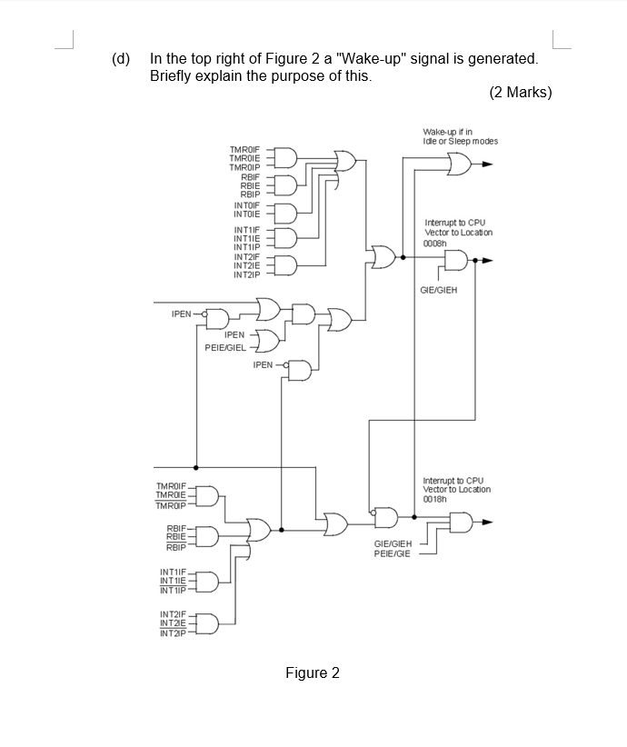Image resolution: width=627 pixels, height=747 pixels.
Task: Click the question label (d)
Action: click(121, 59)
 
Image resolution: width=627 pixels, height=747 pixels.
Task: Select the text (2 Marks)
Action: click(520, 93)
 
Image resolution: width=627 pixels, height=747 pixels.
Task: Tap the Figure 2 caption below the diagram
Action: click(312, 672)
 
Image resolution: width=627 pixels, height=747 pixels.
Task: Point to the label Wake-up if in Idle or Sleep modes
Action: click(460, 136)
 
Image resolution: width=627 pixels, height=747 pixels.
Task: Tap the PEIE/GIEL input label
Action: click(225, 347)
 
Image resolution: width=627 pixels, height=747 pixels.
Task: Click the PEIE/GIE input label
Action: click(393, 553)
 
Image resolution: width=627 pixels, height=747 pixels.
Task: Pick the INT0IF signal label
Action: click(247, 206)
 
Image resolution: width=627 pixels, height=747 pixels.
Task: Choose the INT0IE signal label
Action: click(247, 214)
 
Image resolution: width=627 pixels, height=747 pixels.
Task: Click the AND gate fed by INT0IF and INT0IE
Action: click(284, 211)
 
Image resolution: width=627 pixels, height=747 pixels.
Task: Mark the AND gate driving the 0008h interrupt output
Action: click(456, 262)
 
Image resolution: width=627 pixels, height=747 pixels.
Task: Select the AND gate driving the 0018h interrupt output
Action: click(460, 523)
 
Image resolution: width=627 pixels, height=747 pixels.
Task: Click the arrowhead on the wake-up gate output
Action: click(488, 164)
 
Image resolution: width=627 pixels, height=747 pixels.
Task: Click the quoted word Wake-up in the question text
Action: click(377, 59)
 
